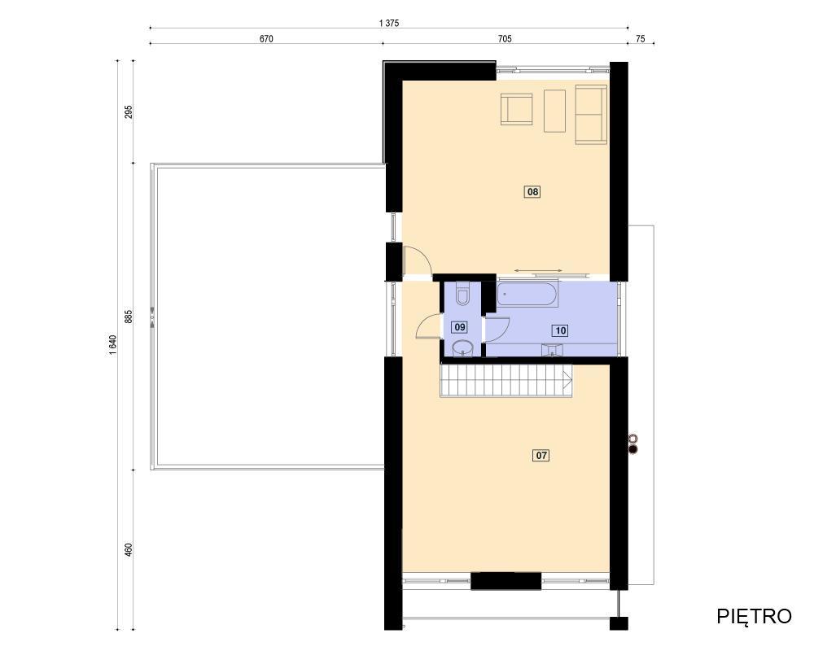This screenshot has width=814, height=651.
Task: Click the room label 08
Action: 532,192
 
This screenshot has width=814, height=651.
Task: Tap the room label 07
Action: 541,455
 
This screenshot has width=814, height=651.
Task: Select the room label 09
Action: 459,327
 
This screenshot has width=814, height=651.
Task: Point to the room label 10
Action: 560,330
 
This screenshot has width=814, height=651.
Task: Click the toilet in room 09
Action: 462,293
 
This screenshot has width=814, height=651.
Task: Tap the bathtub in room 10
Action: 527,294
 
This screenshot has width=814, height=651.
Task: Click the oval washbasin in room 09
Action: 462,348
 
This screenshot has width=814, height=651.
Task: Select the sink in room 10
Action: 553,351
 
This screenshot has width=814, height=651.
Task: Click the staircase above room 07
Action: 506,380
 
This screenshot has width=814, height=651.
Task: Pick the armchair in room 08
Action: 517,109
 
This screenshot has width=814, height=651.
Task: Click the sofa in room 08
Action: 591,115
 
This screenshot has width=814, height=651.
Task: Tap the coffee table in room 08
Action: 554,111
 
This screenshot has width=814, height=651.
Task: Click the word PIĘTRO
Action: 754,616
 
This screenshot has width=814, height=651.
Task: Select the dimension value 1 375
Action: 389,23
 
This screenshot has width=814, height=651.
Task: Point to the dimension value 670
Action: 266,39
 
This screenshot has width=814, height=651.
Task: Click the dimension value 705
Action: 505,39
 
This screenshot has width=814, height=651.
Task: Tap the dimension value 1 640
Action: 113,346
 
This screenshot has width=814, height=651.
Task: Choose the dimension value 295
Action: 129,111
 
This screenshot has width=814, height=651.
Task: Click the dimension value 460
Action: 129,550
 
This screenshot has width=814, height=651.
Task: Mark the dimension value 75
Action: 641,39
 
